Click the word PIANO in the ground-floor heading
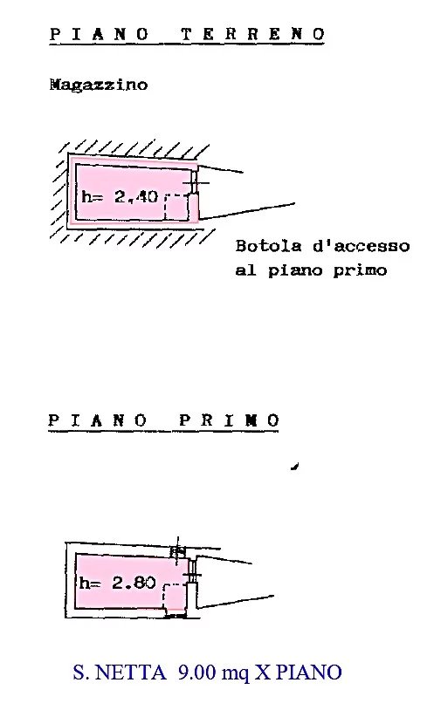pos(100,34)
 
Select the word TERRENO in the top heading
pos(253,34)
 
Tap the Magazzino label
pos(99,85)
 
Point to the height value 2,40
pos(135,197)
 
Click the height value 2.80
pos(134,583)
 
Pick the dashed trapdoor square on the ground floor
pos(176,208)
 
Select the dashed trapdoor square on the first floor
pos(175,597)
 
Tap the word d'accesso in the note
pos(362,246)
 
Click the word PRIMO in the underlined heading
pos(230,420)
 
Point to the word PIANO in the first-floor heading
pos(98,420)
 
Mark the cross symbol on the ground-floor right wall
pos(196,183)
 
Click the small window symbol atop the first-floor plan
pos(177,551)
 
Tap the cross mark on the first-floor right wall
pos(192,575)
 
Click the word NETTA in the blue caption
pos(132,672)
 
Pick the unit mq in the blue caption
pos(235,674)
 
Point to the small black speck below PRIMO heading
pos(294,466)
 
